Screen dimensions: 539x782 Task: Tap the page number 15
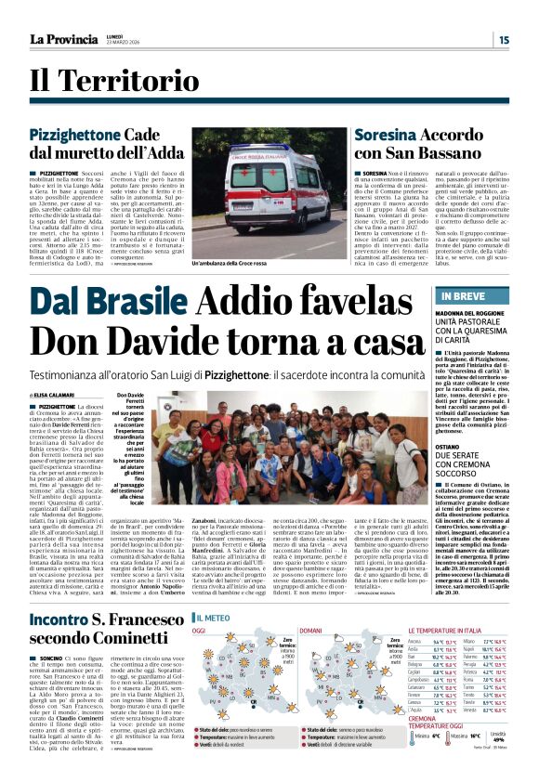[x=503, y=40]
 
